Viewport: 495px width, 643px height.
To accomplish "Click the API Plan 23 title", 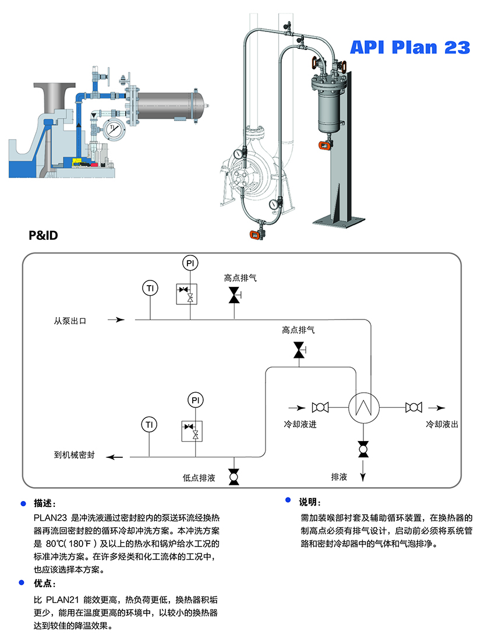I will coord(409,47).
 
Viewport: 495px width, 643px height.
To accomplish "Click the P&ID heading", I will coord(44,236).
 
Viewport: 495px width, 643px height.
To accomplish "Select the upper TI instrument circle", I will coord(150,287).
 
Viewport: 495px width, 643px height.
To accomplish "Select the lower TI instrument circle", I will coord(150,425).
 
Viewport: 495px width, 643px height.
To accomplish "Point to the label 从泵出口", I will coord(70,320).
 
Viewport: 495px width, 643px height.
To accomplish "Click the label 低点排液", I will coord(199,478).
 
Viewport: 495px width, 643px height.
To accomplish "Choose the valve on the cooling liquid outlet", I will coord(413,407).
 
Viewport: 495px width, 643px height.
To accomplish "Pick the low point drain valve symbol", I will coord(234,477).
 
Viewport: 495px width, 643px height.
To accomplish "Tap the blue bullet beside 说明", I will coord(288,500).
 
